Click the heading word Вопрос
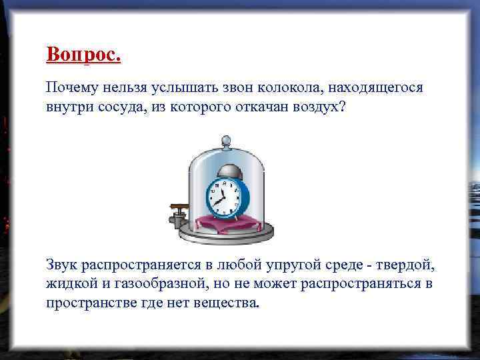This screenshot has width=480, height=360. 83,55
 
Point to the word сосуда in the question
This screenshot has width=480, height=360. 118,107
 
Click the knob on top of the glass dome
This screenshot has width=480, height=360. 226,141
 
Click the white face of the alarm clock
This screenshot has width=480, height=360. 220,195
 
